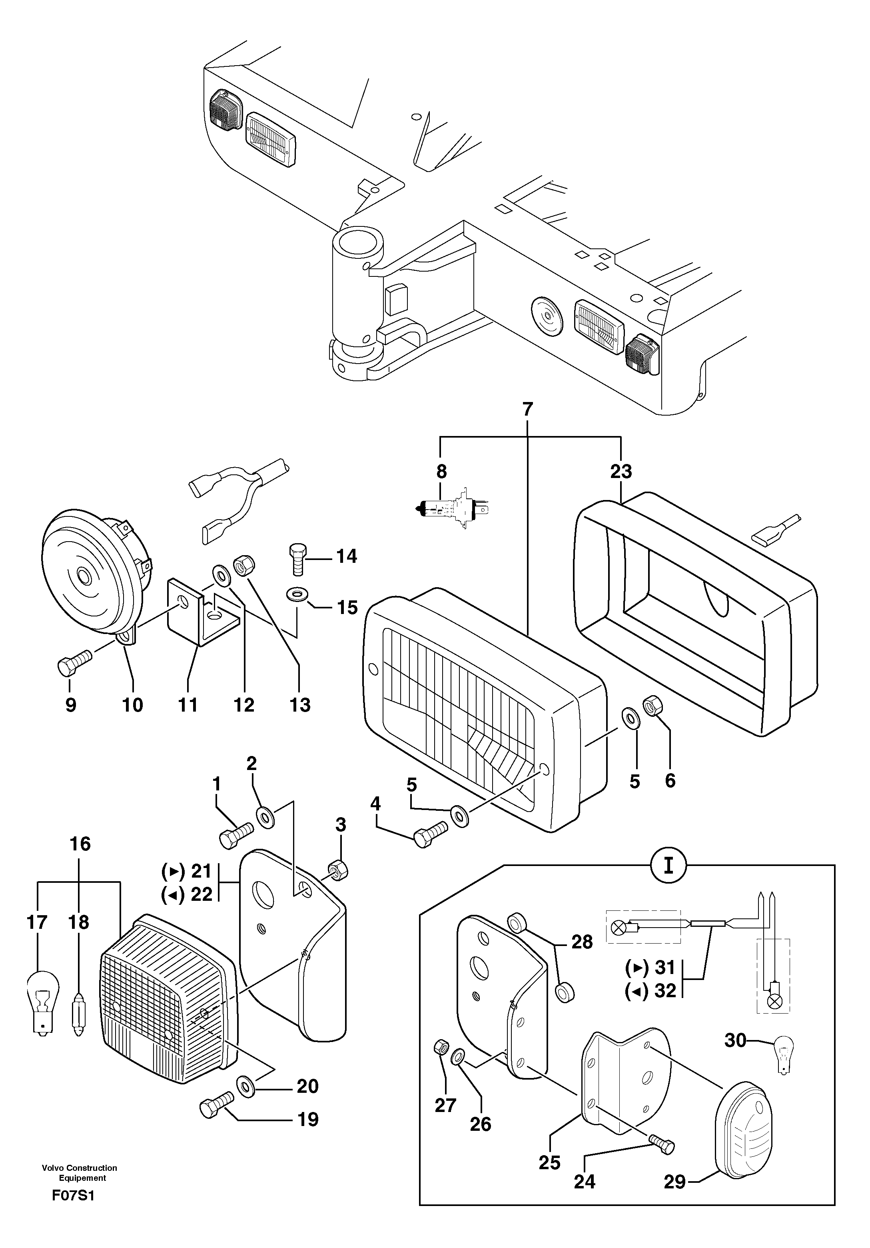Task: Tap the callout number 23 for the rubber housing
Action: (621, 471)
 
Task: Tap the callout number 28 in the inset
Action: (581, 942)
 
